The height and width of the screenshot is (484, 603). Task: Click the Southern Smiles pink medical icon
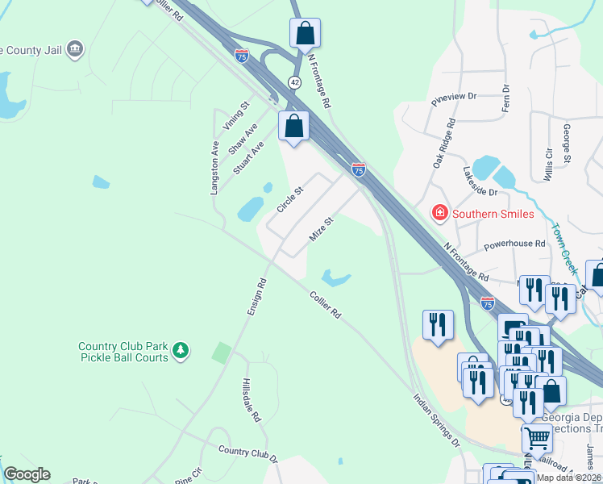point(440,214)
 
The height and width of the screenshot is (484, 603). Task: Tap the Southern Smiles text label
point(493,215)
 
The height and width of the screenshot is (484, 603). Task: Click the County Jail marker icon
point(75,49)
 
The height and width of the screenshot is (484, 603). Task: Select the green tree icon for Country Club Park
point(182,350)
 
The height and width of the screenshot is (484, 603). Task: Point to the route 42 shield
point(295,81)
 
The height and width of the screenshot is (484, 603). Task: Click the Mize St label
point(322,229)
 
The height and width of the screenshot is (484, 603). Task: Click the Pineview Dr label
point(455,96)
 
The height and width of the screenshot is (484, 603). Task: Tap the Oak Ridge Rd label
point(443,143)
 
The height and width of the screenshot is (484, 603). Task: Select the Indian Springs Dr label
point(436,420)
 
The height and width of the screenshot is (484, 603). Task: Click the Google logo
point(27,474)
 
